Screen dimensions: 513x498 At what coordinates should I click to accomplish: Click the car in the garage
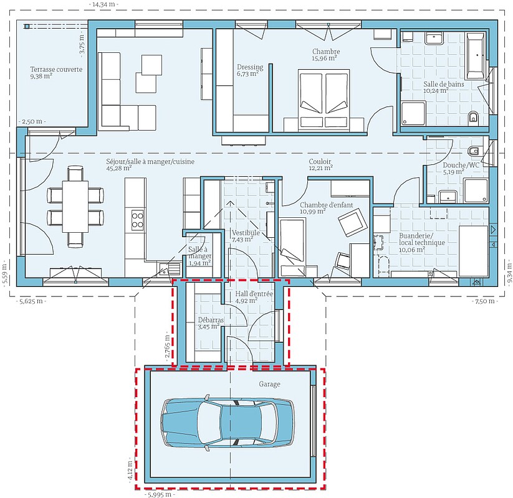(228, 422)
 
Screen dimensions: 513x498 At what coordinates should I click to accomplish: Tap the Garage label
(269, 384)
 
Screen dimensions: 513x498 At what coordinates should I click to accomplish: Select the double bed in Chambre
(324, 98)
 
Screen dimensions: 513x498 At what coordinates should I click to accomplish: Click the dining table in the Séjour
(75, 207)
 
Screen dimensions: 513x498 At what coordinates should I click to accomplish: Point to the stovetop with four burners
(137, 220)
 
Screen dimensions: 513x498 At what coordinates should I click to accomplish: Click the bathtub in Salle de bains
(476, 55)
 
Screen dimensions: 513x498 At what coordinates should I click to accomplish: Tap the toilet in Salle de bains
(473, 116)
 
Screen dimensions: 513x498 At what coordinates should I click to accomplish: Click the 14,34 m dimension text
(103, 4)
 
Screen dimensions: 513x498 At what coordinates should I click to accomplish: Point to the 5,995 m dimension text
(158, 494)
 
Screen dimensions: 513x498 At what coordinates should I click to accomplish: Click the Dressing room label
(251, 67)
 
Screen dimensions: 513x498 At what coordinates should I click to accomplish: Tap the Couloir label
(320, 161)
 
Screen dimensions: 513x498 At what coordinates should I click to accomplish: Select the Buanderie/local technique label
(422, 239)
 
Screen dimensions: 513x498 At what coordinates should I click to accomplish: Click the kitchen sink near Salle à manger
(169, 269)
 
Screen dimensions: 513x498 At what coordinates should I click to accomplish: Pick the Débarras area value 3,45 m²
(208, 326)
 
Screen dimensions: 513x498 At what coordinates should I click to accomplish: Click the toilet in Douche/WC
(474, 151)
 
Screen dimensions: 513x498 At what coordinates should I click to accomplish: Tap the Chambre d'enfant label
(327, 205)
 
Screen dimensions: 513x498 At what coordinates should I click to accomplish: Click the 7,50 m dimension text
(485, 301)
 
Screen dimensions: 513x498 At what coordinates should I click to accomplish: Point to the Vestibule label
(246, 233)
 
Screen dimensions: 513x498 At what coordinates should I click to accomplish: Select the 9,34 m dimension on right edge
(509, 273)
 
